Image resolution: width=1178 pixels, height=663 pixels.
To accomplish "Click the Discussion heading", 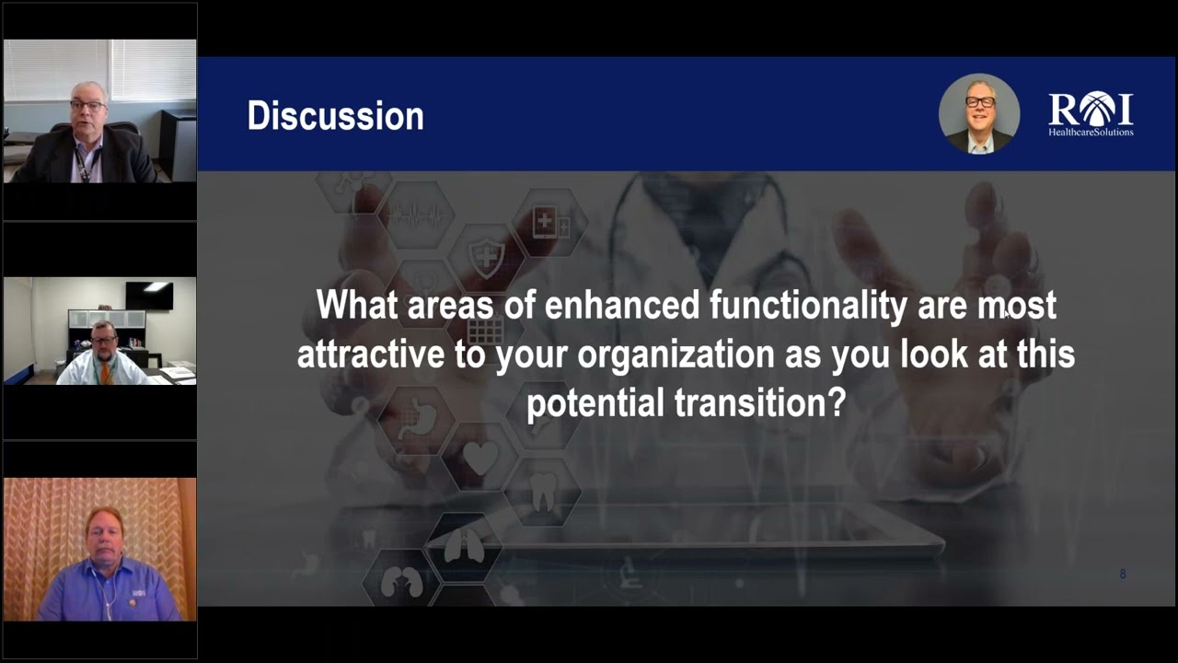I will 335,116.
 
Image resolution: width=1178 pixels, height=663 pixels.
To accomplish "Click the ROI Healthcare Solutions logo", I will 1091,114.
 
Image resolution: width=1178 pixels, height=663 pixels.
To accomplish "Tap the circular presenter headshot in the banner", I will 979,113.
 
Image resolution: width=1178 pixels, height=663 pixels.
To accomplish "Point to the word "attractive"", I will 371,355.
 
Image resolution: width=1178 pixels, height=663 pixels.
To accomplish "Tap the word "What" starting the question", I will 357,305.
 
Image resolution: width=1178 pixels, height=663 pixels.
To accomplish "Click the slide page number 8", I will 1122,574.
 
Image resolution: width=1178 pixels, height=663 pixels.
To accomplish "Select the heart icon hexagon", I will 479,457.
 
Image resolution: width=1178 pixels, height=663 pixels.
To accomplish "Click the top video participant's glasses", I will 87,106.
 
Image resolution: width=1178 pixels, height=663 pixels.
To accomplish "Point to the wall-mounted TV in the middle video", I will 148,296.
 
